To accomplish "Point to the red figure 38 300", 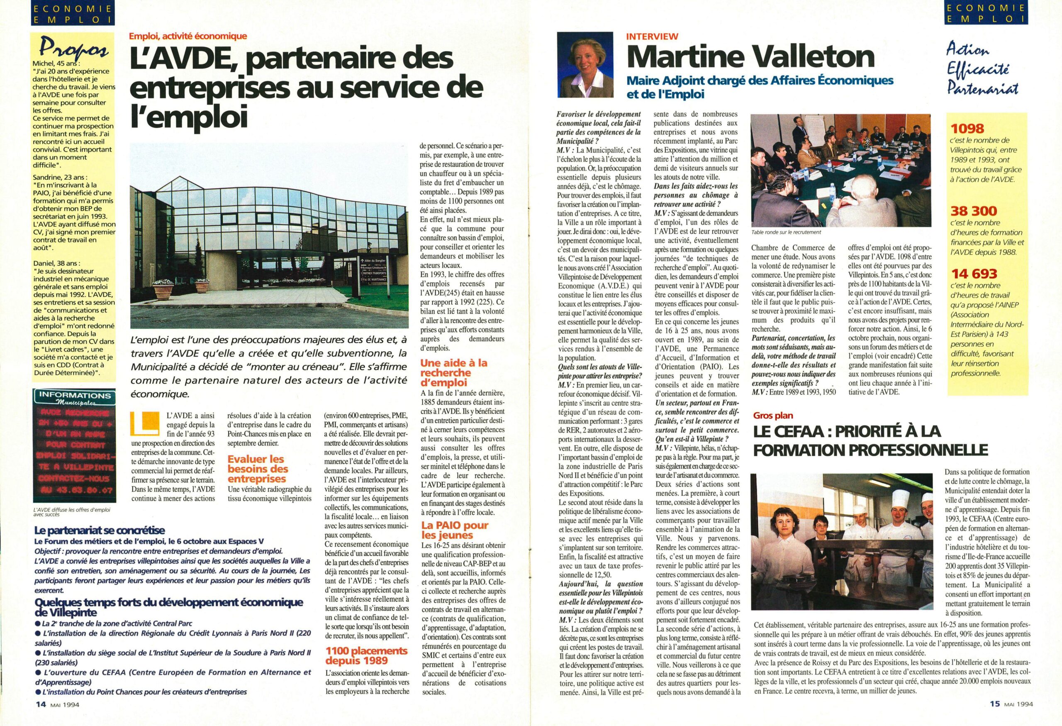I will (974, 211).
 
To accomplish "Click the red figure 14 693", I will (974, 274).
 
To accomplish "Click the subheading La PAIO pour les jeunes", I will (455, 530).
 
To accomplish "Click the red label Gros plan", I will (773, 416).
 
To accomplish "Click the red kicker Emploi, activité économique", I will (188, 36).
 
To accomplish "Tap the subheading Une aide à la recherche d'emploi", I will (454, 373).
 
